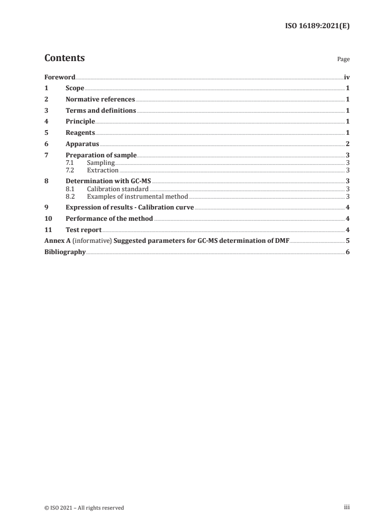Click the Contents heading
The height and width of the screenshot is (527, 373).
tap(64, 58)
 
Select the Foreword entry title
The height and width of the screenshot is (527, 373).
tap(60, 77)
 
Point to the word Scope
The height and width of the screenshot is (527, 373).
tap(75, 88)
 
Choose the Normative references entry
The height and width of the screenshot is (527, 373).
tap(100, 99)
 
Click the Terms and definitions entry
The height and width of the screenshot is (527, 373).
tap(101, 110)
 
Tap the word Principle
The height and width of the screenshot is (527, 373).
tap(80, 122)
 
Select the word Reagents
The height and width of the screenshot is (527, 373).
tap(80, 133)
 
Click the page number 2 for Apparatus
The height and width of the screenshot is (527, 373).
tap(347, 144)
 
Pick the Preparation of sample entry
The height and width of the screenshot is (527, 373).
tap(101, 155)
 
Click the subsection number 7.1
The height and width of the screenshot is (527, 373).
tap(70, 163)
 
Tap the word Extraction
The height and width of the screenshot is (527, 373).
tap(103, 170)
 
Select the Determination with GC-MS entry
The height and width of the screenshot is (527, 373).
tap(109, 181)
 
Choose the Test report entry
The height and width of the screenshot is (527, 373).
tap(83, 230)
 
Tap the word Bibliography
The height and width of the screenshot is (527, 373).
tap(65, 252)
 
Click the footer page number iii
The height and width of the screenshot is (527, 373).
tap(347, 507)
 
